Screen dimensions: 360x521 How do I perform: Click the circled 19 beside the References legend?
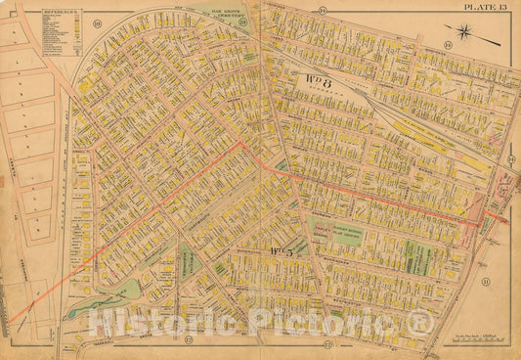97,21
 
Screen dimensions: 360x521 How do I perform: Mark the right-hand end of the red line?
506,218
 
